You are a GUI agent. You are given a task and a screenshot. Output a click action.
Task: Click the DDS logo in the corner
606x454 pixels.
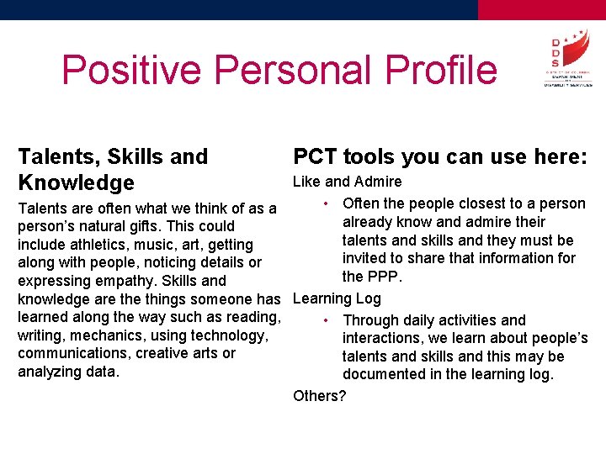567,59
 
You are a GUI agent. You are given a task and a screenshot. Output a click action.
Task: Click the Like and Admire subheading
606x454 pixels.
347,182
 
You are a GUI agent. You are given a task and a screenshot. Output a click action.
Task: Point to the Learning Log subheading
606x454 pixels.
337,298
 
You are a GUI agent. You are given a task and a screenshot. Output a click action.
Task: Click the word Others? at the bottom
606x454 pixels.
319,395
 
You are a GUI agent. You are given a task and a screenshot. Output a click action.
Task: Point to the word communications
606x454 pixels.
72,353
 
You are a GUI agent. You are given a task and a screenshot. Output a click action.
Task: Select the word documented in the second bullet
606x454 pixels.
383,375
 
